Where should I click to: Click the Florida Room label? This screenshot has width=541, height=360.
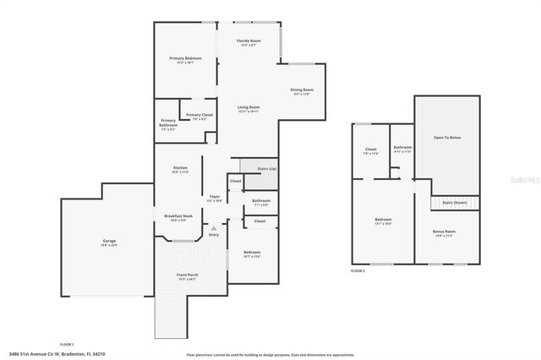pos(249,41)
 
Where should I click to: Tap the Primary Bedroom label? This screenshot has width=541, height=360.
pos(185,58)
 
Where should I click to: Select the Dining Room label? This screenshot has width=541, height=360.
pos(302,90)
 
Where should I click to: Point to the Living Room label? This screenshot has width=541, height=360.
pos(248,107)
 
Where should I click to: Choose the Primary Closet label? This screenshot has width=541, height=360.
pos(199,115)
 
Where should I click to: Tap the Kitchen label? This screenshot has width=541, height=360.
pos(179,168)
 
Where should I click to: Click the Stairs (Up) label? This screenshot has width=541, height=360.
pos(267,169)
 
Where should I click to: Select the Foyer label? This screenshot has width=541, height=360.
pos(215,197)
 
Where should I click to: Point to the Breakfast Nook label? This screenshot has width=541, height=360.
pos(179,216)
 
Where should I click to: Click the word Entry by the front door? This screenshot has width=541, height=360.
pos(214,234)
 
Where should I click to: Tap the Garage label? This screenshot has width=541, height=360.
pos(110,242)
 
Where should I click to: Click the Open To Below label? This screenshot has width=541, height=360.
pos(447,137)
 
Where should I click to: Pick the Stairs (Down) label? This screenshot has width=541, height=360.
pos(454,203)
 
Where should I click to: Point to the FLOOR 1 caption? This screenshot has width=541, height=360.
pos(66,344)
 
